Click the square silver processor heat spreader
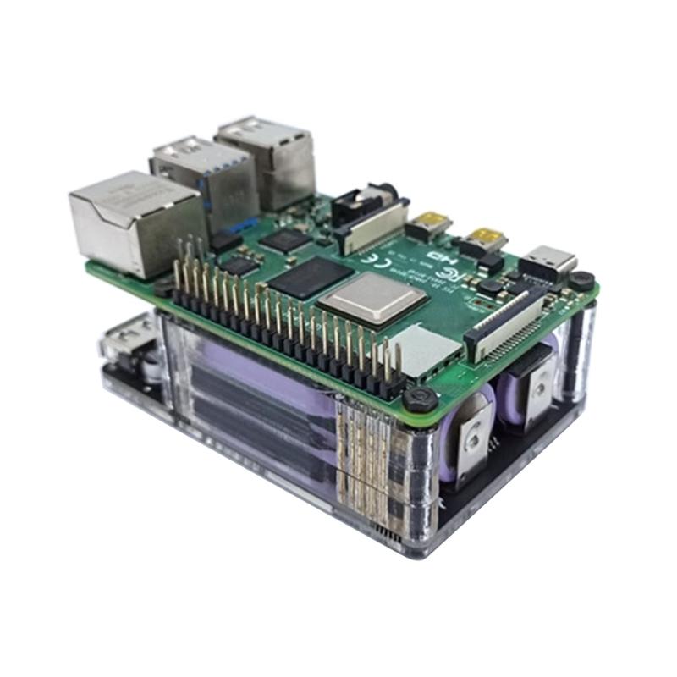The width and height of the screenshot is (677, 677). tap(372, 297)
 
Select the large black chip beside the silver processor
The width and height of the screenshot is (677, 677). tap(308, 276)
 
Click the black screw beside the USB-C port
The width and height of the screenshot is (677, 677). tap(581, 279)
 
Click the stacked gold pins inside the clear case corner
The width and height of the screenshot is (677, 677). tap(364, 457)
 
